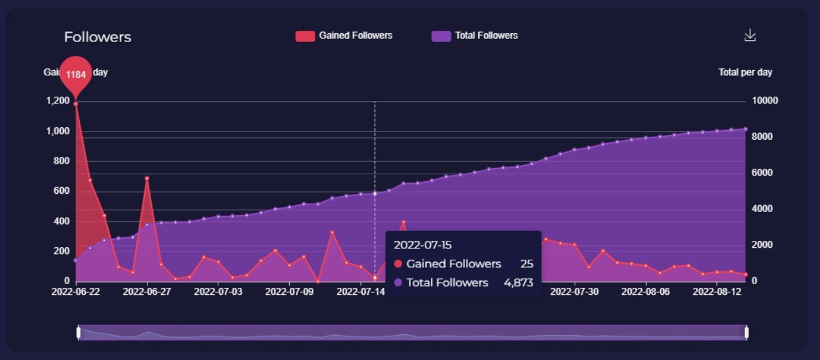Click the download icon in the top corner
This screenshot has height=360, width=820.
coord(750,35)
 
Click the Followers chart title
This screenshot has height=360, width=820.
coord(97,37)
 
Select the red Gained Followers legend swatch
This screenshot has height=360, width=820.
coord(305,36)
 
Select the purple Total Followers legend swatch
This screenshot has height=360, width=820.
coord(441,36)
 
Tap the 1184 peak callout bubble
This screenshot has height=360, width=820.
coord(76,74)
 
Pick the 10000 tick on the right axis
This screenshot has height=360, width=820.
coord(765,101)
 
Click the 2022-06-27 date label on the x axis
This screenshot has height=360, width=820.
coord(147,292)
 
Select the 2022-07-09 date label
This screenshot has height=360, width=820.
coord(289,292)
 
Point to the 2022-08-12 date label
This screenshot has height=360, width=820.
coord(716,292)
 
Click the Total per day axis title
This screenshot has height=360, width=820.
coord(745,72)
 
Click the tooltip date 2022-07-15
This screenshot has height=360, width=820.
coord(422,245)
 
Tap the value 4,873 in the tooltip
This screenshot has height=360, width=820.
coord(518,282)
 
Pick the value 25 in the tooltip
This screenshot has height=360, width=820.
coord(526,263)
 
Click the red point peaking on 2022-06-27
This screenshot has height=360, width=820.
coord(147,178)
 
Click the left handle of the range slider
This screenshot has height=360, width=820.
coord(78,332)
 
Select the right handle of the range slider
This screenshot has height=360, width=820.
coord(746,332)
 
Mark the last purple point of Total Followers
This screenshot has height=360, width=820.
coord(745,129)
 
